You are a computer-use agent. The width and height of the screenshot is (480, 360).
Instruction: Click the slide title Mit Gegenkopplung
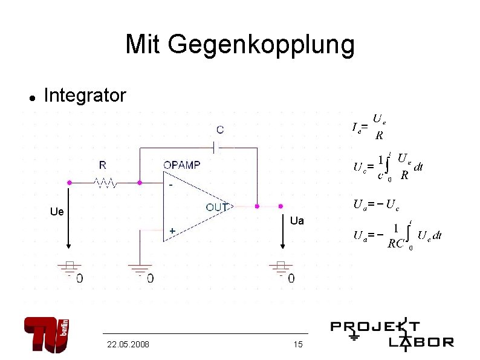click(240, 44)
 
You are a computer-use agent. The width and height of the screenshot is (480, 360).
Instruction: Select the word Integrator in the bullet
click(85, 96)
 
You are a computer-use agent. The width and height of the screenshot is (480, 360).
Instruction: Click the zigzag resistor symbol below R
click(104, 181)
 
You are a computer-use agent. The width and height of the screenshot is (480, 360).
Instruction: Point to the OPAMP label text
click(182, 165)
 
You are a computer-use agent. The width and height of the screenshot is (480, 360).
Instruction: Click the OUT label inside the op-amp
click(218, 207)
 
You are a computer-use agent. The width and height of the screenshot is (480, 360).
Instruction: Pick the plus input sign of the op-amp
click(172, 231)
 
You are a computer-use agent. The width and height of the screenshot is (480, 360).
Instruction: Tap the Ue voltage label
click(57, 212)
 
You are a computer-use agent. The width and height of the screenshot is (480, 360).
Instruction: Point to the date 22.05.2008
click(128, 344)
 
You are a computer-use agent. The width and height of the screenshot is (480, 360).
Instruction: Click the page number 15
click(297, 344)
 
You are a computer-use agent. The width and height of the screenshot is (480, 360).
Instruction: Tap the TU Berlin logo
click(47, 335)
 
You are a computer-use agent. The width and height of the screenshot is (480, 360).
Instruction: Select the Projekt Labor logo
click(392, 335)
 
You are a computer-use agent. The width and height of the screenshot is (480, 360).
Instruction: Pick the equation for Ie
click(369, 126)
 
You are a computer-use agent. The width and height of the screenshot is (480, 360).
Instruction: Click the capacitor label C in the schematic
click(219, 129)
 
